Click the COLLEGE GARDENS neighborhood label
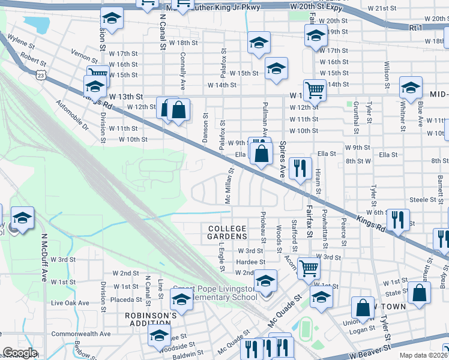point(228,232)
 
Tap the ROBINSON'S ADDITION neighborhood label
point(151,319)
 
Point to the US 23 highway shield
point(40,74)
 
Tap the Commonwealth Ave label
point(81,334)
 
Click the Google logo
point(20,353)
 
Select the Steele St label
point(422,199)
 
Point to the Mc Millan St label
point(229,186)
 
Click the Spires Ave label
point(281,159)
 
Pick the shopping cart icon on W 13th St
point(314,91)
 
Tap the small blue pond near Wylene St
point(37,25)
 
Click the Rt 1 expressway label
point(415,28)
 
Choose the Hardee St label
point(250,262)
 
